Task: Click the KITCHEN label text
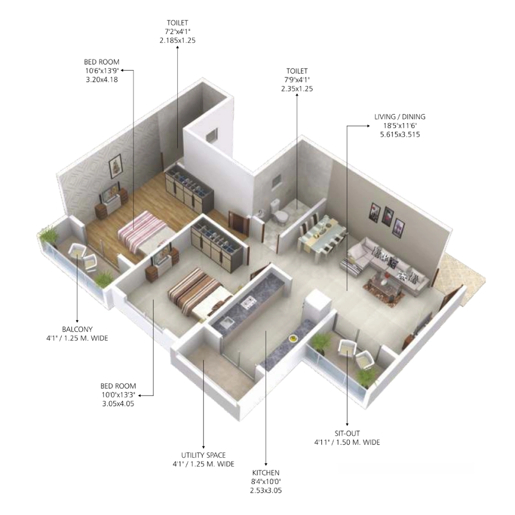coord(266,473)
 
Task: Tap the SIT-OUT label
coord(347,433)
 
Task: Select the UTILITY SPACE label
coord(203,455)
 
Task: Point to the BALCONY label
coord(77,329)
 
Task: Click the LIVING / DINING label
coord(400,116)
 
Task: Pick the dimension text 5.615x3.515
coord(400,134)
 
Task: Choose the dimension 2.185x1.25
coord(177,40)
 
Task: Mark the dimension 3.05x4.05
coord(118,404)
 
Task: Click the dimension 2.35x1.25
coord(297,89)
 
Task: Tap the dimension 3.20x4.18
coord(102,79)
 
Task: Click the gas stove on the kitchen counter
coord(249,302)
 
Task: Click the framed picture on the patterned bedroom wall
coord(115,166)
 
